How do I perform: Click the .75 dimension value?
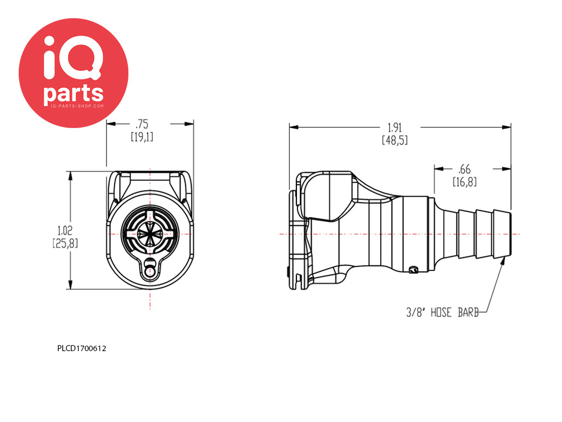click(x=142, y=124)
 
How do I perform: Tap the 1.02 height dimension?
click(x=65, y=230)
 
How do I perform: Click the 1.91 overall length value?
click(x=395, y=127)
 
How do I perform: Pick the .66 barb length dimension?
click(x=464, y=169)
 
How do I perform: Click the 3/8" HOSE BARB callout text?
click(x=442, y=313)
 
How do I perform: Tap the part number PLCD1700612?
click(x=82, y=348)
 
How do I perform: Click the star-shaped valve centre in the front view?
click(x=150, y=234)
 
